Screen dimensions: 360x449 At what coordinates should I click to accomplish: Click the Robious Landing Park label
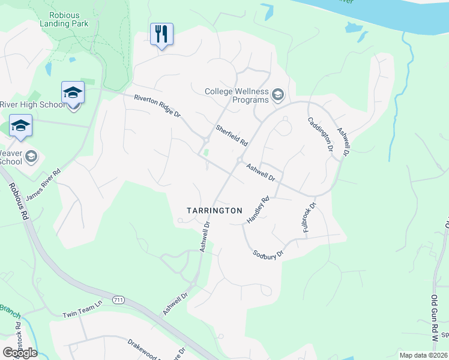(x=64, y=18)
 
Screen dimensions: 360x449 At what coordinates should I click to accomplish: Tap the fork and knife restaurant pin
(x=161, y=34)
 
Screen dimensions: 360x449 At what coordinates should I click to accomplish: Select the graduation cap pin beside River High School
(x=73, y=93)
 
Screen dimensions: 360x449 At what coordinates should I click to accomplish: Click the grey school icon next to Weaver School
(x=31, y=157)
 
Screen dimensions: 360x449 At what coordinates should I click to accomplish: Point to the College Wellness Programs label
(x=237, y=95)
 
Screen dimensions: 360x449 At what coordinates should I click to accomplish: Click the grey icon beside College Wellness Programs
(x=277, y=94)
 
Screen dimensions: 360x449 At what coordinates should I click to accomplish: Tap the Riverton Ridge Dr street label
(x=157, y=107)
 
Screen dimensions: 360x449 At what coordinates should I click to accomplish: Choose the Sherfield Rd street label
(x=232, y=136)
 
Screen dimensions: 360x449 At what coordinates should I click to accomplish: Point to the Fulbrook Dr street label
(x=309, y=217)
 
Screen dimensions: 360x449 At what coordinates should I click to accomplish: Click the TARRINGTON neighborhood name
(x=214, y=211)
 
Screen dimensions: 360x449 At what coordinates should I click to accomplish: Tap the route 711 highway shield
(x=118, y=299)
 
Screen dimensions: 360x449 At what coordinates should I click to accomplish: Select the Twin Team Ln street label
(x=83, y=314)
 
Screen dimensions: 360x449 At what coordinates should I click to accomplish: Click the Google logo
(x=20, y=352)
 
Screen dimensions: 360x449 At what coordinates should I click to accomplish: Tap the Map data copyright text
(x=423, y=355)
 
